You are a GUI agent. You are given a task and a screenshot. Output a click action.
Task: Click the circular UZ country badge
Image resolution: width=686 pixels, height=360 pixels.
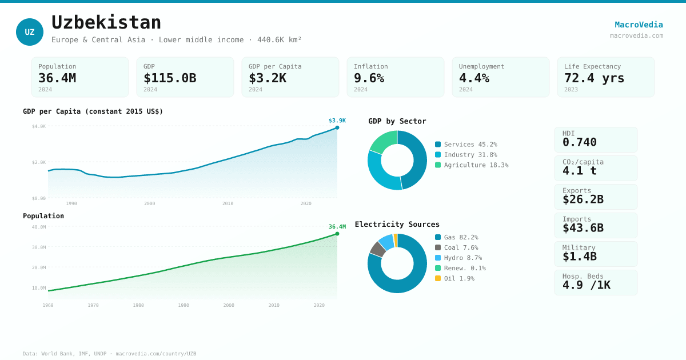click(x=30, y=32)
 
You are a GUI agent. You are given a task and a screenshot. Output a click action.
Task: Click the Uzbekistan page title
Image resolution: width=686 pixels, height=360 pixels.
click(x=106, y=22)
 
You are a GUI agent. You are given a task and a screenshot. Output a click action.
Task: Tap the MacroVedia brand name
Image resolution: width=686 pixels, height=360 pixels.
click(x=639, y=25)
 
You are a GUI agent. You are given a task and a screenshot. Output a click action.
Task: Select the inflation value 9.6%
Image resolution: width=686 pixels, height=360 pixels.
click(x=369, y=78)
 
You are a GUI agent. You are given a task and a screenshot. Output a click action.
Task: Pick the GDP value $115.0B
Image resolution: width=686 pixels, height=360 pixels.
click(x=170, y=78)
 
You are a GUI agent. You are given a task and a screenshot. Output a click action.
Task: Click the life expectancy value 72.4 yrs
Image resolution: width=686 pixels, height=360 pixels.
click(x=594, y=78)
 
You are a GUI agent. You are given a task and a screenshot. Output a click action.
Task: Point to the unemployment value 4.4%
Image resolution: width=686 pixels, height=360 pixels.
click(x=474, y=78)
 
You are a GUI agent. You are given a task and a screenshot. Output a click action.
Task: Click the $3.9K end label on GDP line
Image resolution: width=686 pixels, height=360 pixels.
click(x=337, y=121)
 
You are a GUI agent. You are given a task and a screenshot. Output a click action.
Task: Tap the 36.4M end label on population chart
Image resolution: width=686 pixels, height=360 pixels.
click(x=337, y=227)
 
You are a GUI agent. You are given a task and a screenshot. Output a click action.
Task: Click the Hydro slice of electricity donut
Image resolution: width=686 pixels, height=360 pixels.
click(x=386, y=242)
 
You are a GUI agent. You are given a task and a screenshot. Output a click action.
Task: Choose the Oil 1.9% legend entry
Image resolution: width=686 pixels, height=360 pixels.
click(x=458, y=278)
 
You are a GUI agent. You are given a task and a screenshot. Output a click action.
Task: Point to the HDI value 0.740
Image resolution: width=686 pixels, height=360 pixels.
click(x=579, y=142)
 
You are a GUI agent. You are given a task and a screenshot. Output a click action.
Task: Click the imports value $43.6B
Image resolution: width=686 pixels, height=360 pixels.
click(x=583, y=228)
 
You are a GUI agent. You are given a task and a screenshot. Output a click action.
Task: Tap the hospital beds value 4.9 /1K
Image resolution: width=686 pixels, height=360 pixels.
click(x=586, y=285)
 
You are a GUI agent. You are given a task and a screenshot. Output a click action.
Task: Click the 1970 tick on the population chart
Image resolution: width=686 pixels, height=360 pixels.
click(x=93, y=305)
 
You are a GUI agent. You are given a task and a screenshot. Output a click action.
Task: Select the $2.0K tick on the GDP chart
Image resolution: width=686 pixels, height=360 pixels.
click(x=38, y=162)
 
